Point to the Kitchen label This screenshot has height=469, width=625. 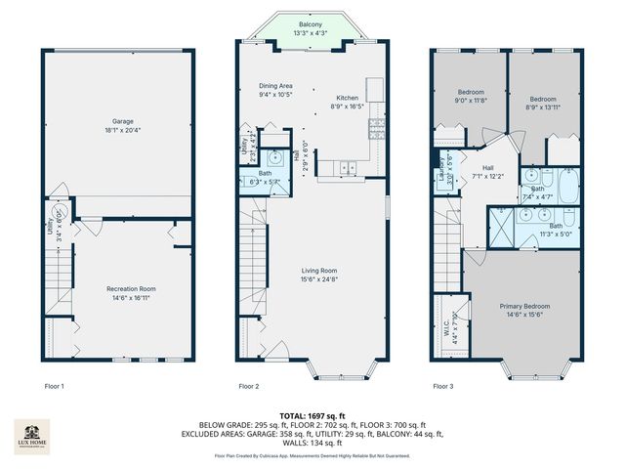tap(348, 103)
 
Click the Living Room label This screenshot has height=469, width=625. tap(318, 276)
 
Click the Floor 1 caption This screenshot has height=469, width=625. tap(55, 387)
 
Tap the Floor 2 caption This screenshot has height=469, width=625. tap(248, 387)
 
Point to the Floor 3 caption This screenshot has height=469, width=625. tap(442, 387)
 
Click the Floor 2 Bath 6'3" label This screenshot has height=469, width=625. tap(266, 178)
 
